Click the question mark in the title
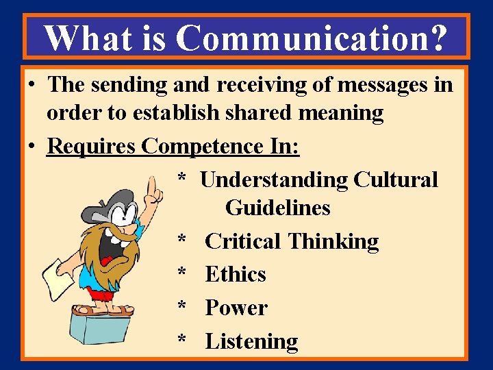tap(436, 38)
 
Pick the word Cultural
tap(396, 180)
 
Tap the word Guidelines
tap(277, 207)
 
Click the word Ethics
tap(235, 274)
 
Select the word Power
tap(236, 308)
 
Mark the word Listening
tap(251, 341)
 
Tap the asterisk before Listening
tap(182, 341)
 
